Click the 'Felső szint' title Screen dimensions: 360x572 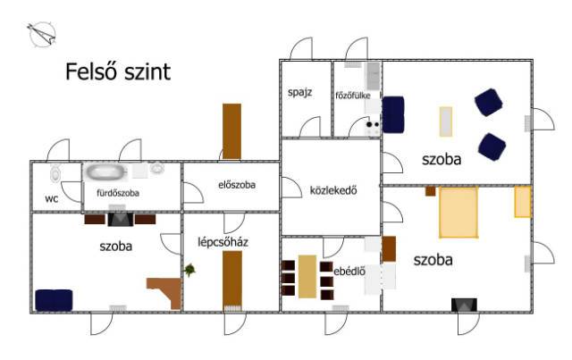click(118, 72)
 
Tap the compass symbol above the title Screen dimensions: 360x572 click(42, 35)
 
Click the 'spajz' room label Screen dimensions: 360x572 click(299, 92)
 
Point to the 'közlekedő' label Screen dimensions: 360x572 click(333, 189)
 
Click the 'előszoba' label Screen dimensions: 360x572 click(237, 186)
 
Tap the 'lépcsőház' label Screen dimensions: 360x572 click(223, 242)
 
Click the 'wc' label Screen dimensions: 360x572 click(52, 198)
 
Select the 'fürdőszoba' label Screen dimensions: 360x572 click(113, 192)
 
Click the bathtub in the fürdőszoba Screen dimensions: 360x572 click(106, 172)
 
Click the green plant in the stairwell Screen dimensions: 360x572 click(189, 269)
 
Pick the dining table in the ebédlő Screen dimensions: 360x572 click(307, 277)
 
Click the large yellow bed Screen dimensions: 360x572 click(457, 211)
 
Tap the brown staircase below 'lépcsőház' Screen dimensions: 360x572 click(232, 278)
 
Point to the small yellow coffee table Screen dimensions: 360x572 click(445, 121)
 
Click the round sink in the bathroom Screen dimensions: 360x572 click(157, 168)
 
